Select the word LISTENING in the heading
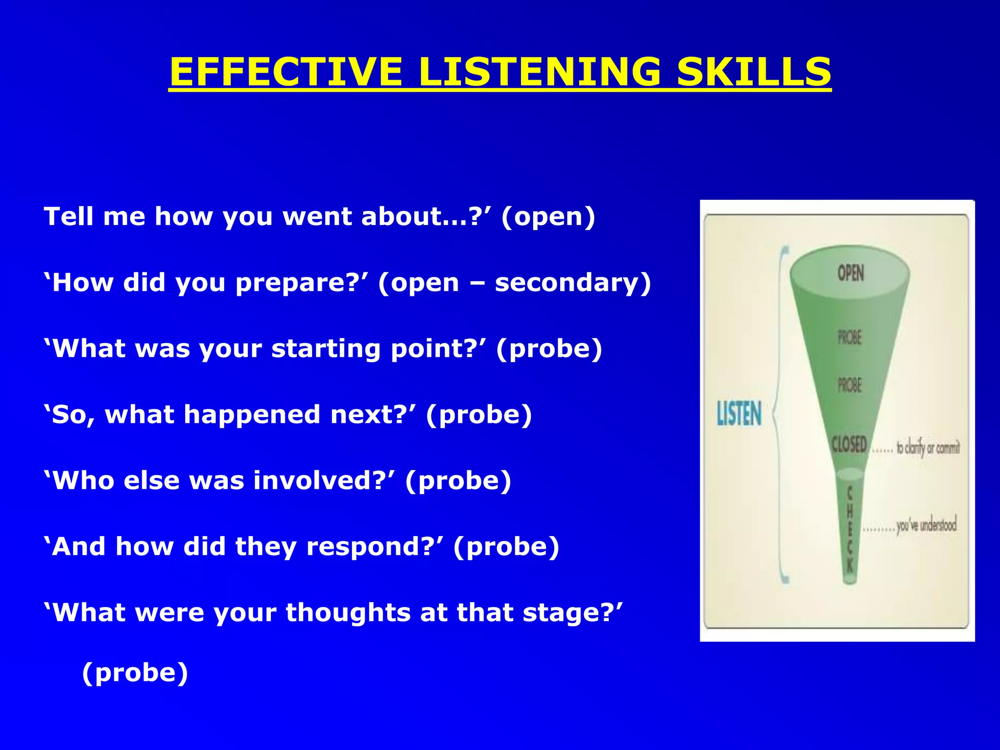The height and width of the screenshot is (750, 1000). (x=539, y=72)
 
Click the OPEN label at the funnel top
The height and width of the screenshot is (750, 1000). (x=851, y=272)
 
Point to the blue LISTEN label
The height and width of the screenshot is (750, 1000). (x=739, y=414)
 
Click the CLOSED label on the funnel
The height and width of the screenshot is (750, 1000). (x=849, y=444)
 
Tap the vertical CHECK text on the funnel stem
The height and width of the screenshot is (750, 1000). (x=850, y=530)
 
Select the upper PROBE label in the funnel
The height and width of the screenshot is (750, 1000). (x=850, y=337)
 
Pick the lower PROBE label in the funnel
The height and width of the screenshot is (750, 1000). (x=850, y=385)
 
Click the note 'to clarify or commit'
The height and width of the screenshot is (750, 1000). (x=928, y=447)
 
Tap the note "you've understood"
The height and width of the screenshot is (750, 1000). (x=926, y=526)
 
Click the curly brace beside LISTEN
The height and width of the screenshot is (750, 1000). (x=780, y=415)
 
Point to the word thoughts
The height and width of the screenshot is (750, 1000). (x=348, y=613)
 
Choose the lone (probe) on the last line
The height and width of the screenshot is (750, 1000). (x=135, y=673)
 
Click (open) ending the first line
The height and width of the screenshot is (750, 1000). (x=548, y=217)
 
